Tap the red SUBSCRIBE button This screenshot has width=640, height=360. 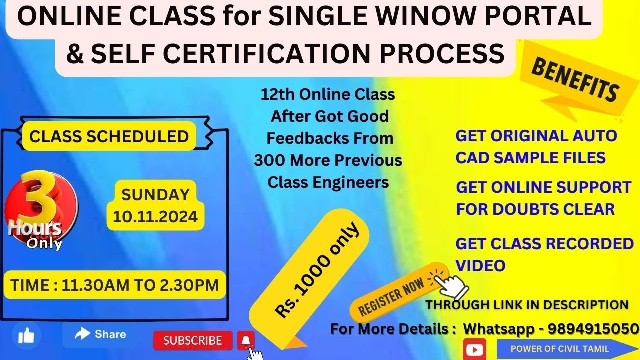tap(192, 341)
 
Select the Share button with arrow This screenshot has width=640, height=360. tap(100, 334)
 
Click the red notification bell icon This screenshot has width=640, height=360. tap(245, 341)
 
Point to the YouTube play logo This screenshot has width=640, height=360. tap(474, 348)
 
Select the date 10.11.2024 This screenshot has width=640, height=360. tap(155, 217)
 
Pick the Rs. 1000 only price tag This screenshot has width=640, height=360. tap(316, 270)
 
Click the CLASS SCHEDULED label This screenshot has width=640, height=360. tap(109, 136)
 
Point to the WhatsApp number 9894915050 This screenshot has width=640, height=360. tap(593, 329)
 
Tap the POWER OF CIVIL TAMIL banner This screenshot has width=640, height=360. tap(560, 349)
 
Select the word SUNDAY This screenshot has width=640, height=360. tap(155, 194)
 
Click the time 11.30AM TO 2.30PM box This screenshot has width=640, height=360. tap(115, 285)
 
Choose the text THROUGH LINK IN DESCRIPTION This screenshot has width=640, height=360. tap(527, 305)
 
